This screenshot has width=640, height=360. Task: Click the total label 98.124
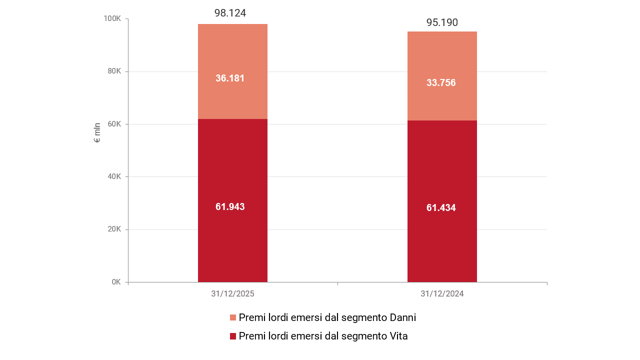(230, 13)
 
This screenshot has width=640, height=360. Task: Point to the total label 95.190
(442, 22)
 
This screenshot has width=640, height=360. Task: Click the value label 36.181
(230, 78)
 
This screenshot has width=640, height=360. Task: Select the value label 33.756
(441, 82)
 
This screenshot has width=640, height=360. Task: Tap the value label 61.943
(230, 206)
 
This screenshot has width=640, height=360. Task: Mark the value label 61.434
(441, 207)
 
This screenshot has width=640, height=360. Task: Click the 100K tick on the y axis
(112, 18)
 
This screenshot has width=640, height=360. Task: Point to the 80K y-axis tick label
(114, 71)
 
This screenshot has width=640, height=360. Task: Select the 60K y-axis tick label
(114, 124)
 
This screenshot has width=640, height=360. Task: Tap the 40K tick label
(114, 176)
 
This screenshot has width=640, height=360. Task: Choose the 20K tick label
(114, 229)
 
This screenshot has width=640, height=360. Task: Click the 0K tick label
(116, 282)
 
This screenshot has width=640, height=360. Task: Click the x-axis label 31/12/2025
(232, 294)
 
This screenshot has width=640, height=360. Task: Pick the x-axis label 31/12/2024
(442, 294)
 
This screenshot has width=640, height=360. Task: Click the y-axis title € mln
(97, 132)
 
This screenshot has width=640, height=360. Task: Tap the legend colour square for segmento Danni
(233, 317)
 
